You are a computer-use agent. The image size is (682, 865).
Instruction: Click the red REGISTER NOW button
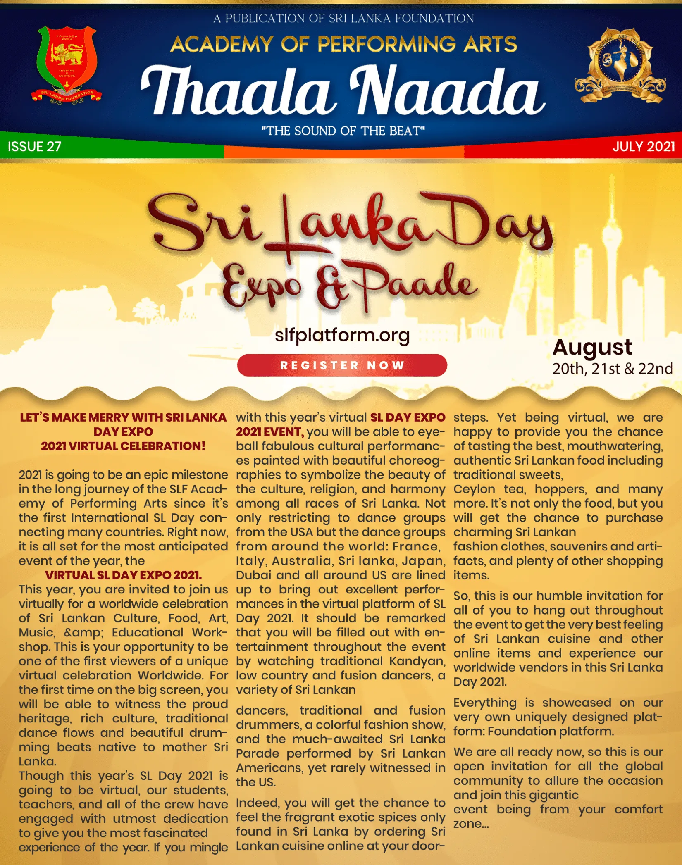tap(342, 365)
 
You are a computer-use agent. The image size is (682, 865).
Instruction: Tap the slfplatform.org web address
tap(342, 335)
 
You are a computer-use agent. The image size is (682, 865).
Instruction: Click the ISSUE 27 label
tap(34, 147)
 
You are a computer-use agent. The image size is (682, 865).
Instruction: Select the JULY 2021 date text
tap(644, 147)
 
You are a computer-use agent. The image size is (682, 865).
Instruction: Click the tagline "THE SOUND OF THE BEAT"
tap(343, 131)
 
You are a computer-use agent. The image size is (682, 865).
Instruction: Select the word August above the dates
tap(592, 348)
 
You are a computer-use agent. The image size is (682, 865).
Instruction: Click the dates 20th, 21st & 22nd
tap(612, 369)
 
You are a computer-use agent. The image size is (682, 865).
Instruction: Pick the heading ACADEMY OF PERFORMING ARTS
tap(343, 44)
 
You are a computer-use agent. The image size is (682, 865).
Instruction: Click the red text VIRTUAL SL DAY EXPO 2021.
tap(123, 575)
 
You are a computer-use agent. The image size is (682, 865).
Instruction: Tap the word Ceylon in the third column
tap(474, 489)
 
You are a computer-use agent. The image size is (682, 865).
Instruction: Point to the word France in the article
tap(415, 546)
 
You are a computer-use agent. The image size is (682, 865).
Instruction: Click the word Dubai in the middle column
tap(252, 575)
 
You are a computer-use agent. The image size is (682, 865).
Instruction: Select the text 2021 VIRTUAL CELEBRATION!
tap(123, 446)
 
